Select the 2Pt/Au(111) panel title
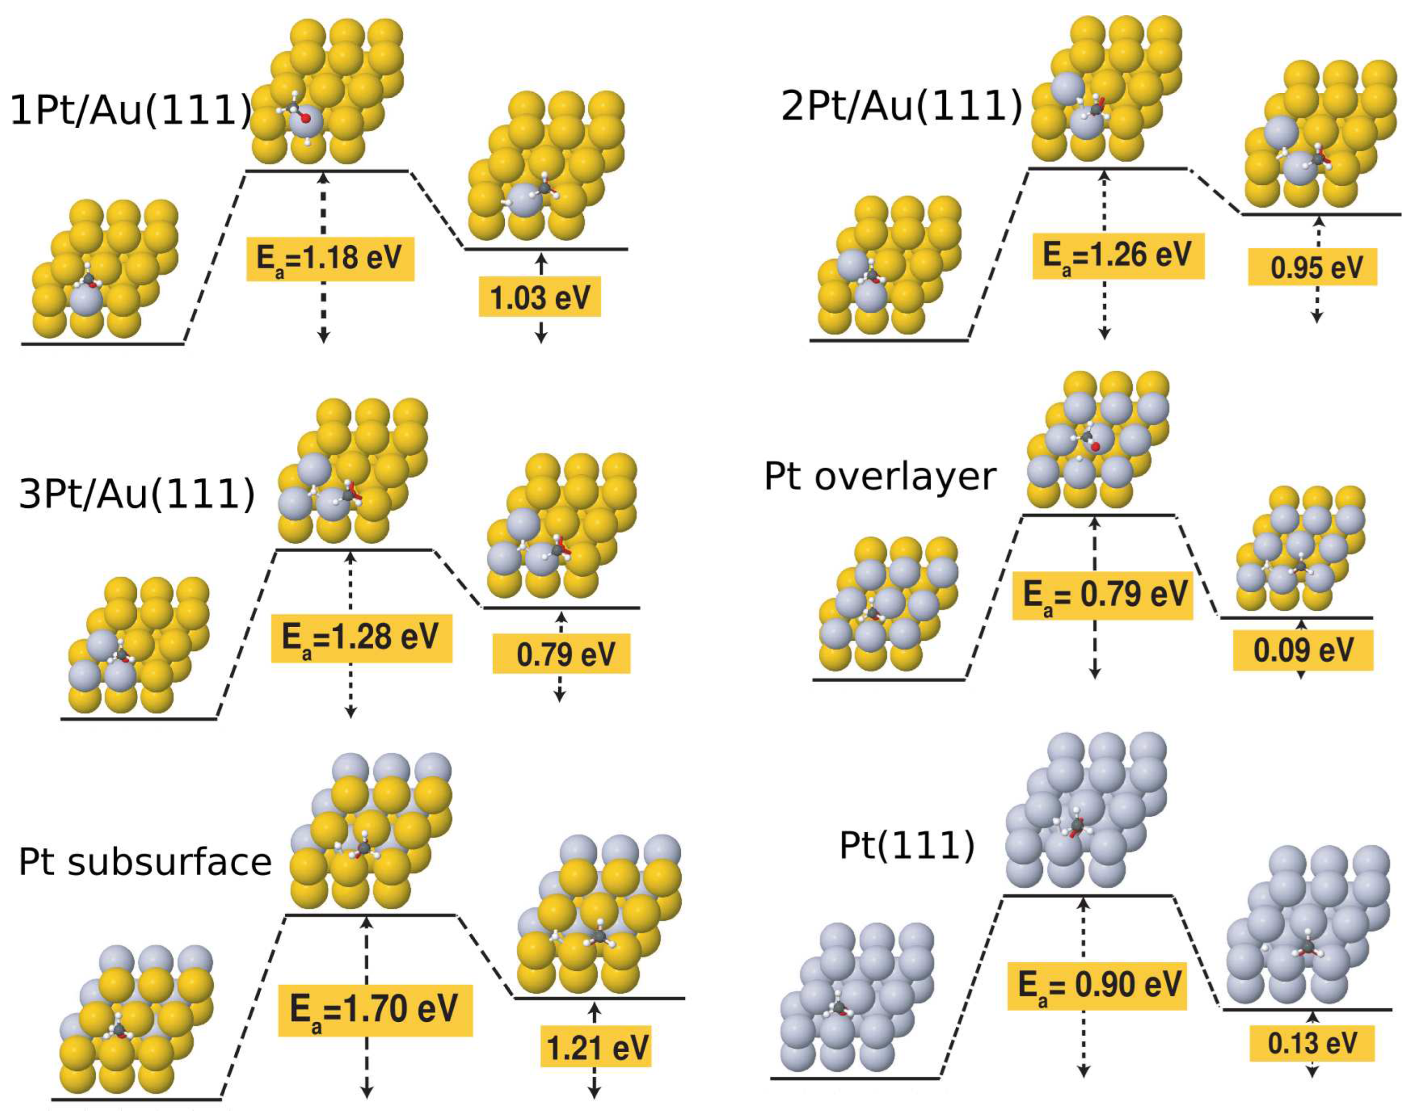click(x=901, y=107)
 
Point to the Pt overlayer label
click(x=880, y=476)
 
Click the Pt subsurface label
click(x=145, y=862)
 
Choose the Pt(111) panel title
click(x=906, y=846)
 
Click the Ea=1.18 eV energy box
click(x=330, y=258)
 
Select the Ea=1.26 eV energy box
click(x=1117, y=255)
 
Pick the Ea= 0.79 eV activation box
click(x=1102, y=596)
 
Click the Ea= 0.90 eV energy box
click(x=1096, y=985)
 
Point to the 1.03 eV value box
click(x=540, y=298)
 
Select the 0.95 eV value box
click(x=1313, y=267)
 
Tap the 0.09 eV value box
click(x=1303, y=650)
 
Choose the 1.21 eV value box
click(x=596, y=1048)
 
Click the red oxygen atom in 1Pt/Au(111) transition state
click(x=304, y=120)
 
